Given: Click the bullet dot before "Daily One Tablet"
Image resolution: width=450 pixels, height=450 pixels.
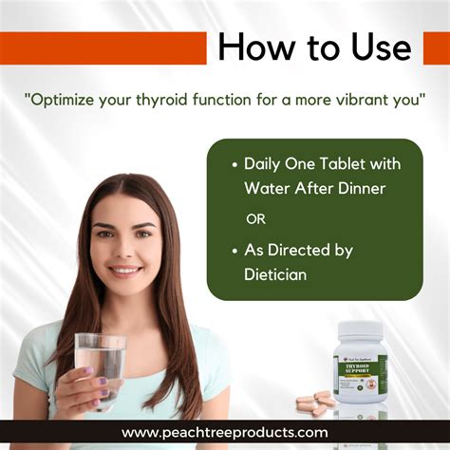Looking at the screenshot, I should click(234, 165).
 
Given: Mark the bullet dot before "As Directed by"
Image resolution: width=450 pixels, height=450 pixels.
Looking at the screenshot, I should click(234, 251).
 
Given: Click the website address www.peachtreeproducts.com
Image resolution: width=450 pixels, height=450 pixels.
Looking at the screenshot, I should click(224, 433).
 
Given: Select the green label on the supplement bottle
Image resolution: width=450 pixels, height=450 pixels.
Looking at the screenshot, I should click(361, 374).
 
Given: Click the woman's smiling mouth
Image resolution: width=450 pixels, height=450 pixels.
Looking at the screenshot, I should click(126, 271).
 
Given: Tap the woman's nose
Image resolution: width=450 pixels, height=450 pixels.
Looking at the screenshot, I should click(125, 251).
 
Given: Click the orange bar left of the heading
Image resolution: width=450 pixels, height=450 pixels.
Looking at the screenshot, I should click(103, 47).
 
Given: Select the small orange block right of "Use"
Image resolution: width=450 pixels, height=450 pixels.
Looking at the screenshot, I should click(436, 47).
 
